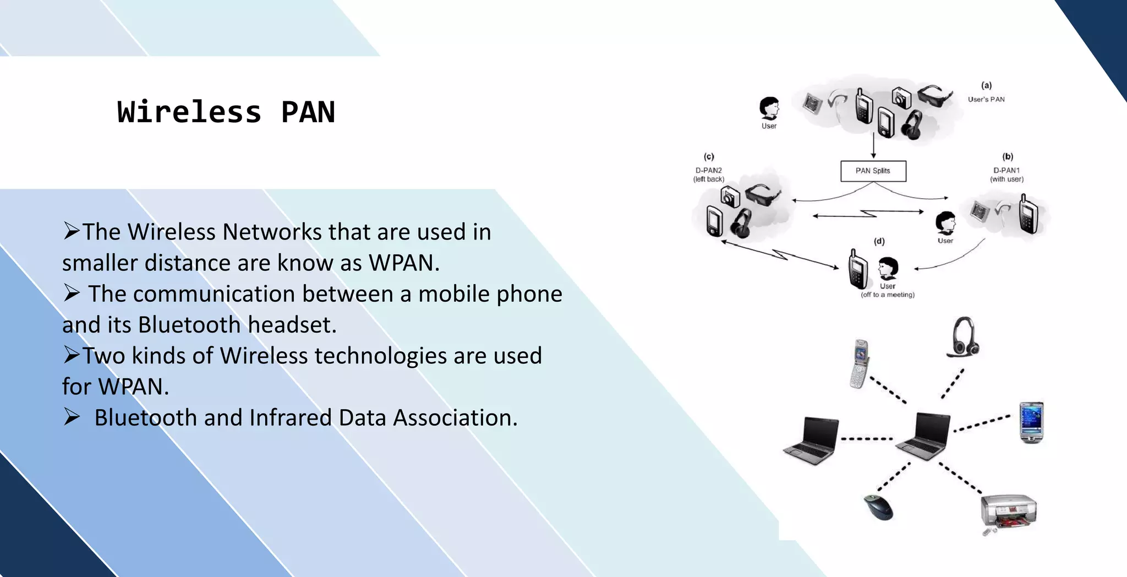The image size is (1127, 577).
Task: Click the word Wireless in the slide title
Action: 189,112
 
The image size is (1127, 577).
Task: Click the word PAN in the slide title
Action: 308,112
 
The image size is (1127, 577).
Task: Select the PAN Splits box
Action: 873,171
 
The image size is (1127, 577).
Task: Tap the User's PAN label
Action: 986,100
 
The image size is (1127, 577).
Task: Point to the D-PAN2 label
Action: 708,171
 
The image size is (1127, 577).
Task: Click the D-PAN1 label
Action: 1006,171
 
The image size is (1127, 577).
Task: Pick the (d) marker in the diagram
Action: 879,241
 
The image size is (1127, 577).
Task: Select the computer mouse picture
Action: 878,507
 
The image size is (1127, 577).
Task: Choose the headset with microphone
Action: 963,337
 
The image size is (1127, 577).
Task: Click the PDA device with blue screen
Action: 1031,422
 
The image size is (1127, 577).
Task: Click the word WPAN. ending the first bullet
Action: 404,263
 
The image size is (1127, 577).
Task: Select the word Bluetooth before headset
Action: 189,325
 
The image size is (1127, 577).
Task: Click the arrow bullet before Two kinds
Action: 72,355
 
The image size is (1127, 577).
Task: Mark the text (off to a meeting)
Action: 888,295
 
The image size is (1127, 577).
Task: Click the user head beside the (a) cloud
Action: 769,108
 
